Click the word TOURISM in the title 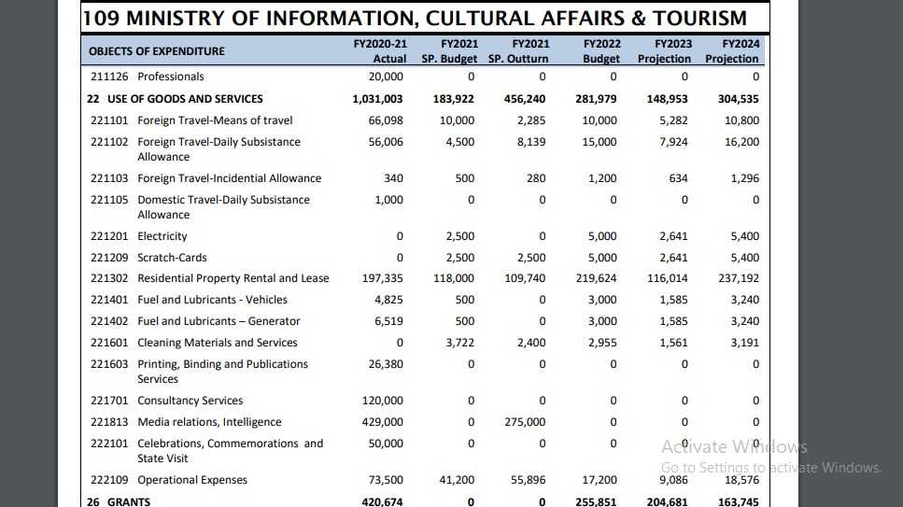pos(692,18)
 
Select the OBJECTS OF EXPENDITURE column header pos(157,51)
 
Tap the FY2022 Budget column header pos(601,51)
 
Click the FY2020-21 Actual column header pos(380,51)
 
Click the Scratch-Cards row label pos(172,258)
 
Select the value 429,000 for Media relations pos(383,422)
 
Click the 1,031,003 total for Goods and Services pos(377,99)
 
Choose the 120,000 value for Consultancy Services pos(383,401)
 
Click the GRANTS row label pos(129,502)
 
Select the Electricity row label pos(162,236)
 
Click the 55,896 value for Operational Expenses pos(529,480)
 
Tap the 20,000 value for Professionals pos(386,77)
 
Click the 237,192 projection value pos(739,278)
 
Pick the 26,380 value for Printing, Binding pos(386,364)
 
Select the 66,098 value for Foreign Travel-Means pos(386,120)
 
